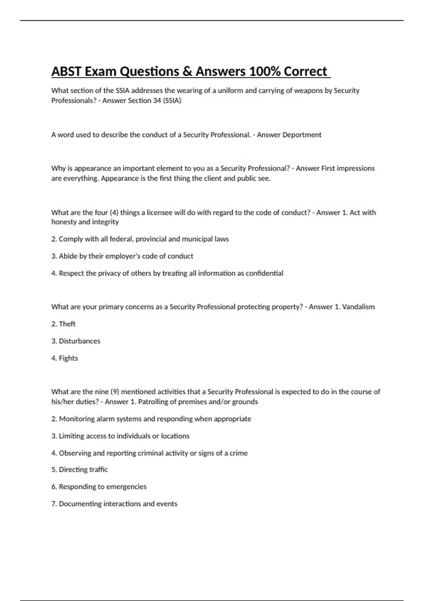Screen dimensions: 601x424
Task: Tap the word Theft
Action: [67, 324]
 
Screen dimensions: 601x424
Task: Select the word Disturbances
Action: [79, 341]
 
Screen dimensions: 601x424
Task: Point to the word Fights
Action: [68, 358]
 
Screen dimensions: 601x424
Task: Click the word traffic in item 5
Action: [99, 469]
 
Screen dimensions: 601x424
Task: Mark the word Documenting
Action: [80, 504]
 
